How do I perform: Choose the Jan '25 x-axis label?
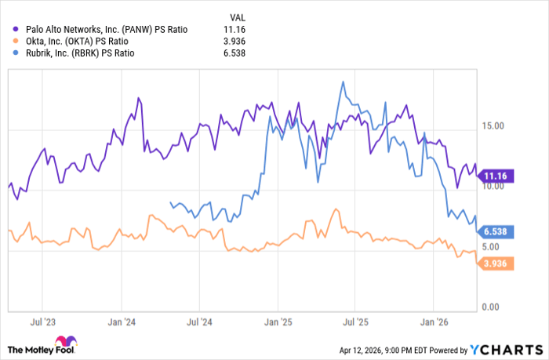pyautogui.click(x=278, y=322)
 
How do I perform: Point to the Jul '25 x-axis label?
pyautogui.click(x=356, y=322)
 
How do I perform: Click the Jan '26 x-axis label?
pyautogui.click(x=435, y=322)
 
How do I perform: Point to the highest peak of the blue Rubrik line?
pyautogui.click(x=343, y=81)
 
